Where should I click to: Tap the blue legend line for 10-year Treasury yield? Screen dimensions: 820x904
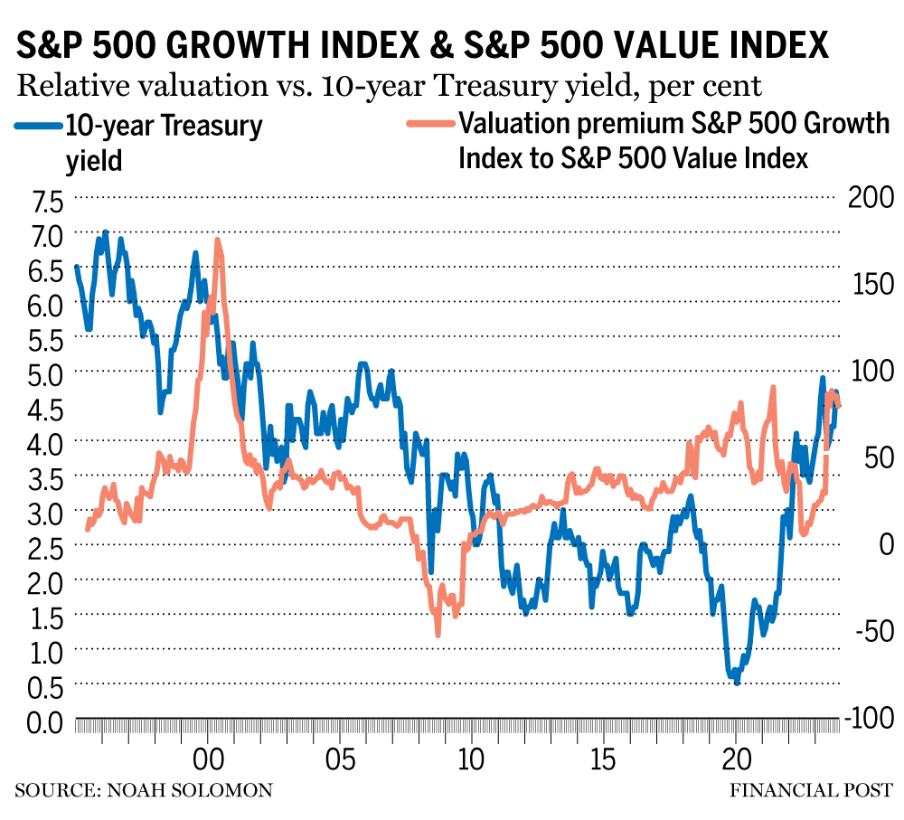click(36, 125)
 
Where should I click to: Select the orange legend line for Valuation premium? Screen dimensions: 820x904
click(426, 125)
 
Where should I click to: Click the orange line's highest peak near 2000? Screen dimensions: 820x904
click(217, 240)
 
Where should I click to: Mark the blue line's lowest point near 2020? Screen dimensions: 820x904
click(737, 683)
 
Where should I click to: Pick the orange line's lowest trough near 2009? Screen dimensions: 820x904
click(438, 635)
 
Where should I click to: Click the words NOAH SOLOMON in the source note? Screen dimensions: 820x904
click(189, 791)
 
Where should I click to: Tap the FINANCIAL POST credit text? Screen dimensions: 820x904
click(811, 791)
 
